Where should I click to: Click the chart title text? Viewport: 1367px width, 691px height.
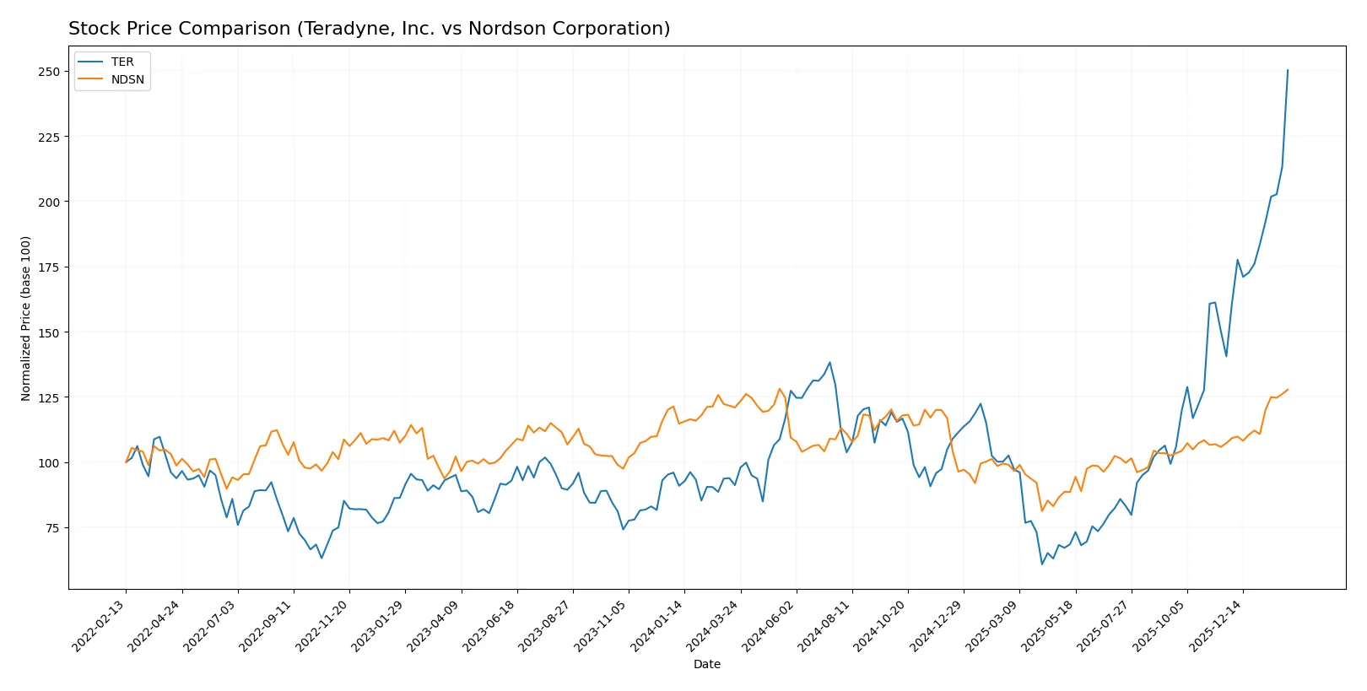369,29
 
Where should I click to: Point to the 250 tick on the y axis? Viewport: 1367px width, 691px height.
49,72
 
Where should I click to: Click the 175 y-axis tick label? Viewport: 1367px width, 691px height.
49,267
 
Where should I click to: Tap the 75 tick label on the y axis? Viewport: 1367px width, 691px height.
52,528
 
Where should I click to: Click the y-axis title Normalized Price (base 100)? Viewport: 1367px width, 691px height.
25,318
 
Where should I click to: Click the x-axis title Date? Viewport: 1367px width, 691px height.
706,664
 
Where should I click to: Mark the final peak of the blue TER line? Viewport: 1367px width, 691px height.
1288,71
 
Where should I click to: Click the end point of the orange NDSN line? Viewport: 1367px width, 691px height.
1288,390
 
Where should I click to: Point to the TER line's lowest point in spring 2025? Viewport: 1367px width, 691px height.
1042,564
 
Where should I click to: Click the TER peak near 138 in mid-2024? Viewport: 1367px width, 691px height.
829,363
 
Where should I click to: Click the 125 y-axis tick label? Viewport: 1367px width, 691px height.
49,397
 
